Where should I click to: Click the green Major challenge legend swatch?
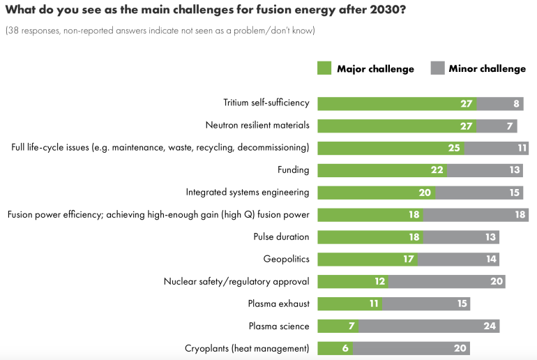(324, 68)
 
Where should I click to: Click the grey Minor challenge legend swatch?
(437, 68)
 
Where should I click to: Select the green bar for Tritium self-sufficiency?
(397, 103)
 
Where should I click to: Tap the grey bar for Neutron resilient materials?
(497, 126)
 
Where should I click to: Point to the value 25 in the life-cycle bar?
(454, 148)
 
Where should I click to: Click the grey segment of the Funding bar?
(487, 170)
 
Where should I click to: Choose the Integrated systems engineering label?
(248, 192)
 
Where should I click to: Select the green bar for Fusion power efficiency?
(370, 214)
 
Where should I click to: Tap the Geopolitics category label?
(286, 259)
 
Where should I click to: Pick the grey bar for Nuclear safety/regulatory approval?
(446, 281)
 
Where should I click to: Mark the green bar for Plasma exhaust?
(349, 303)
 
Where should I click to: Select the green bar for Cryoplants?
(335, 348)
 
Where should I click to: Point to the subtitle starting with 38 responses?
(160, 31)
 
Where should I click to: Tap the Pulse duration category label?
(281, 237)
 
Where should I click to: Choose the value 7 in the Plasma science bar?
(351, 326)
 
